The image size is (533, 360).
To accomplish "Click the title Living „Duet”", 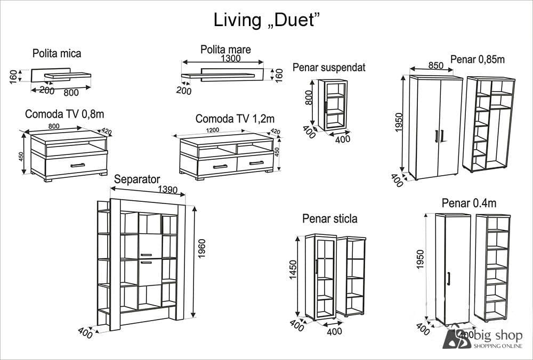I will pos(266,20).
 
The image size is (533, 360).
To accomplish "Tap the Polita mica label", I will pos(56,53).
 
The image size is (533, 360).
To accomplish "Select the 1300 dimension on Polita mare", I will pos(230,59).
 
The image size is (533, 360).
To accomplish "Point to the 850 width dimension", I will pos(435,66).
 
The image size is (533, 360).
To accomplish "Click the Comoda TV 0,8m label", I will pos(64,114).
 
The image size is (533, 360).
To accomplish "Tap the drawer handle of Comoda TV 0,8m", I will pos(78,165).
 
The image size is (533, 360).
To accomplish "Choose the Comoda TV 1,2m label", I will pos(235,118).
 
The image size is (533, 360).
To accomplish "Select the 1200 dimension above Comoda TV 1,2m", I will pos(213,130).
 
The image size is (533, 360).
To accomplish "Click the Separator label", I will pos(137,179).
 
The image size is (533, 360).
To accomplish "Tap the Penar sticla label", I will pos(329,218).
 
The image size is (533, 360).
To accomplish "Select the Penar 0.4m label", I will pos(469,203).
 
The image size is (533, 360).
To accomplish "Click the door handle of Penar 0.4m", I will pos(450,277).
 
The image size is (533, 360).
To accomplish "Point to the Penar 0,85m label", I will pos(477,59).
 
